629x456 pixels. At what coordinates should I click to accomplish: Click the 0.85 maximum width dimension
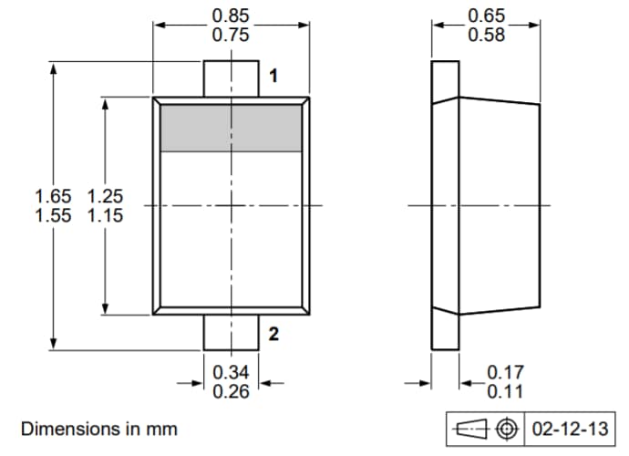pyautogui.click(x=231, y=16)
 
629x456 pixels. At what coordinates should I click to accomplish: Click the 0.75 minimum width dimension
pyautogui.click(x=231, y=36)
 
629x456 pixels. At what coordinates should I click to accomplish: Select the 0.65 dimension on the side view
pyautogui.click(x=487, y=16)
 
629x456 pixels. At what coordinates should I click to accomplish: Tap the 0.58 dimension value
pyautogui.click(x=487, y=36)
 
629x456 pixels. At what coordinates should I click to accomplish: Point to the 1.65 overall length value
pyautogui.click(x=53, y=195)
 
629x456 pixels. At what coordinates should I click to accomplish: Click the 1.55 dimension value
pyautogui.click(x=53, y=216)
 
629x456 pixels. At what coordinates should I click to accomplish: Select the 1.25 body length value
pyautogui.click(x=106, y=195)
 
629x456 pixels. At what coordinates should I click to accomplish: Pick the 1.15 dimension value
pyautogui.click(x=106, y=216)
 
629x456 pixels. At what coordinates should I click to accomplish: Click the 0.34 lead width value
pyautogui.click(x=231, y=372)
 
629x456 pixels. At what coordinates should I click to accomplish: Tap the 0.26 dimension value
pyautogui.click(x=231, y=392)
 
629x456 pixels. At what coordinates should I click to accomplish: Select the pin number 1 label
pyautogui.click(x=273, y=76)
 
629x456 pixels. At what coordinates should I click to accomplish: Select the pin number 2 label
pyautogui.click(x=273, y=335)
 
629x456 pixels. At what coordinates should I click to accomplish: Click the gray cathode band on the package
pyautogui.click(x=231, y=128)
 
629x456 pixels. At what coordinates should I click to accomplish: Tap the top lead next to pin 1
pyautogui.click(x=231, y=77)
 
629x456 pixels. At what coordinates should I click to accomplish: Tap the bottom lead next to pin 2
pyautogui.click(x=231, y=332)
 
